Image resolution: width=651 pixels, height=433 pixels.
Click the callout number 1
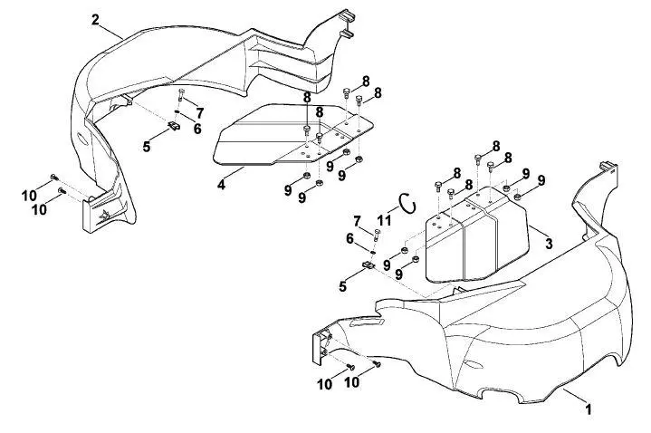[x=588, y=409]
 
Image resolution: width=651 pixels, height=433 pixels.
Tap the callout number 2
[x=95, y=20]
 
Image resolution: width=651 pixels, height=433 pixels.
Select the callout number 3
[x=549, y=244]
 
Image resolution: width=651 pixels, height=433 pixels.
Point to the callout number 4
[x=221, y=185]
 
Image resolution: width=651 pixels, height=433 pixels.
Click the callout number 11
[x=384, y=220]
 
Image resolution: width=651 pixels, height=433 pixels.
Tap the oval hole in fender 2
[x=82, y=140]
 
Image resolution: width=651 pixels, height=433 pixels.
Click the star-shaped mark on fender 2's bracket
[x=104, y=215]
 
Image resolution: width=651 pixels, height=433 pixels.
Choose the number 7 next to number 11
[x=357, y=222]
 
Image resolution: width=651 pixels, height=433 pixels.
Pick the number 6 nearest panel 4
[x=197, y=129]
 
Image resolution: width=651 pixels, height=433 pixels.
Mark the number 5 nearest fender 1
[x=342, y=286]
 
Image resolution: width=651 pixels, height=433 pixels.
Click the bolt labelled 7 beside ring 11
[x=377, y=236]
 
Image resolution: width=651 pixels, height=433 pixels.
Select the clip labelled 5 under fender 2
[x=174, y=125]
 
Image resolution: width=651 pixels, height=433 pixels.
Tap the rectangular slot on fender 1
[x=366, y=322]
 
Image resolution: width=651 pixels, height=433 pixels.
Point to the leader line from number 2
[x=112, y=31]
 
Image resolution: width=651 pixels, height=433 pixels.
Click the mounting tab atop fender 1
[x=609, y=166]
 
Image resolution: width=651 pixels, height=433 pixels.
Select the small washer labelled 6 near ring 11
[x=373, y=252]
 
